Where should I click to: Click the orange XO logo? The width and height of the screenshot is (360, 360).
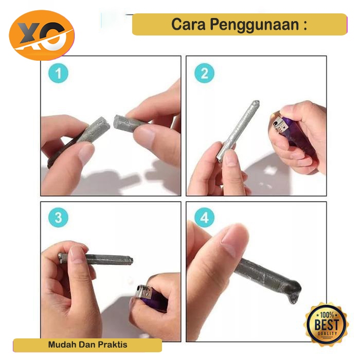click(42, 35)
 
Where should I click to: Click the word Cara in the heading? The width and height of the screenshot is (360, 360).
click(188, 24)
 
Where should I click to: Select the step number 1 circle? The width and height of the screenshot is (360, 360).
click(58, 73)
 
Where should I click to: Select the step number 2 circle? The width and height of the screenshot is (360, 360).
click(204, 73)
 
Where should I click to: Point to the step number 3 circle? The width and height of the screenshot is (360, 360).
click(58, 217)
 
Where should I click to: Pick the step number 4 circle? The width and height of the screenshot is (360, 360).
click(204, 217)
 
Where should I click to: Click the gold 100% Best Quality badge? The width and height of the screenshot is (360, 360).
click(326, 321)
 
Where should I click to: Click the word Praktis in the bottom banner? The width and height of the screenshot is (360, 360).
click(113, 345)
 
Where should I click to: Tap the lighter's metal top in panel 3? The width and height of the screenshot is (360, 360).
click(144, 292)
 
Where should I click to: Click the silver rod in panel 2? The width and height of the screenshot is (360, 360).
click(238, 131)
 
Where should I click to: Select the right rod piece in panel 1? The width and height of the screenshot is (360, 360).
click(129, 123)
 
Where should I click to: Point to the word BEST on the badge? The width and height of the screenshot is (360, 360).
click(327, 324)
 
